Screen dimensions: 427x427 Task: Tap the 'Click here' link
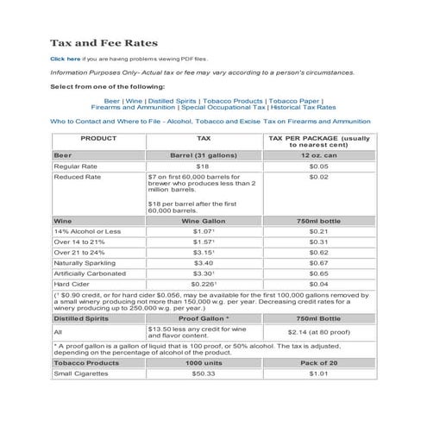tap(66, 58)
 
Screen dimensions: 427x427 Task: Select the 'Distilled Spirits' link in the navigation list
tap(175, 100)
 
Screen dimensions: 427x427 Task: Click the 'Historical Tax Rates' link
tap(301, 108)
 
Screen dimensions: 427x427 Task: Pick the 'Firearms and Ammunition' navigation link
tap(133, 108)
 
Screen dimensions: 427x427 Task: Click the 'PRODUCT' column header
tap(98, 138)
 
